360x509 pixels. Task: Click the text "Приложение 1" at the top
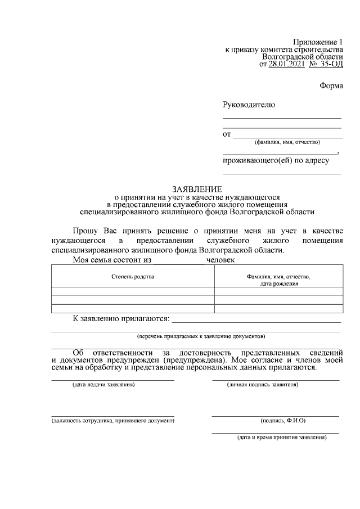coord(317,42)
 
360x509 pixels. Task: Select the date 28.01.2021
coord(286,65)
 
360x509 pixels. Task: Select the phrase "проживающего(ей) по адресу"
coord(275,160)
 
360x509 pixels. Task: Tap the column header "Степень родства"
coord(133,277)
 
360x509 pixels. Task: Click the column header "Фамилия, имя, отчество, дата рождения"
coord(278,280)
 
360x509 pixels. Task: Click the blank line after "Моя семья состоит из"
coord(179,261)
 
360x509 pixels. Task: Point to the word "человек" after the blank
coord(221,260)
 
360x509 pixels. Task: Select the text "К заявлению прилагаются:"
coord(121,319)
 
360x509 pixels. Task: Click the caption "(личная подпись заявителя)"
coord(262,385)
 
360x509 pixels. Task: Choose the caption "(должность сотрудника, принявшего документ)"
coord(112,421)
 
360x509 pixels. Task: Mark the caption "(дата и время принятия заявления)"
coord(281,437)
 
